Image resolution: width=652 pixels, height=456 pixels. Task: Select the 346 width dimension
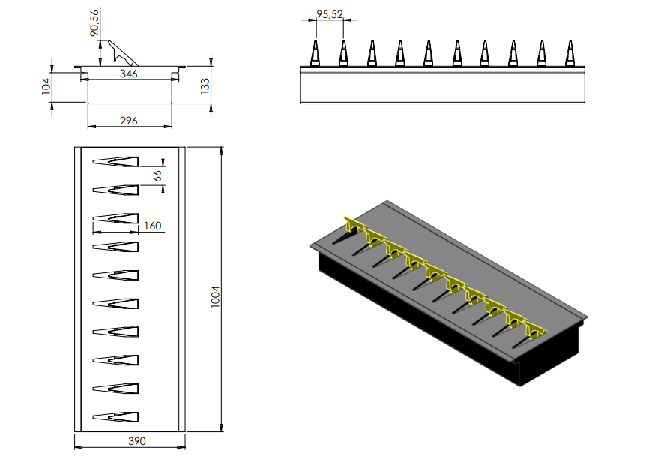coord(129,74)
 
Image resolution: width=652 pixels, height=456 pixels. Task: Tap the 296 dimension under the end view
coord(129,121)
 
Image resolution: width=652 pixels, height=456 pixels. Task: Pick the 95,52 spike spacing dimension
coord(330,13)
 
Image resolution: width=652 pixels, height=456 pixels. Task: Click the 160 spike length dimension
coord(152,226)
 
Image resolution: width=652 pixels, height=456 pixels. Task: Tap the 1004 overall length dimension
coord(215,289)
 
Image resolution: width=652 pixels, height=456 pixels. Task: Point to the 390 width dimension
coord(129,441)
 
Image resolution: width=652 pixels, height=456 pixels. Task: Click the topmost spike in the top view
coord(116,161)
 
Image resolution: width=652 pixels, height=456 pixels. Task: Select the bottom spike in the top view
coord(116,416)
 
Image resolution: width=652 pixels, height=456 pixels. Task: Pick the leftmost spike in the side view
coord(316,54)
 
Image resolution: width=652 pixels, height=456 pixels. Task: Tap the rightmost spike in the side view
coord(569,54)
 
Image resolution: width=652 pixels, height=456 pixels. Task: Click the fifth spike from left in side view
coord(428,54)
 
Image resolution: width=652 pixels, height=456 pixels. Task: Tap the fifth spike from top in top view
coord(116,274)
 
